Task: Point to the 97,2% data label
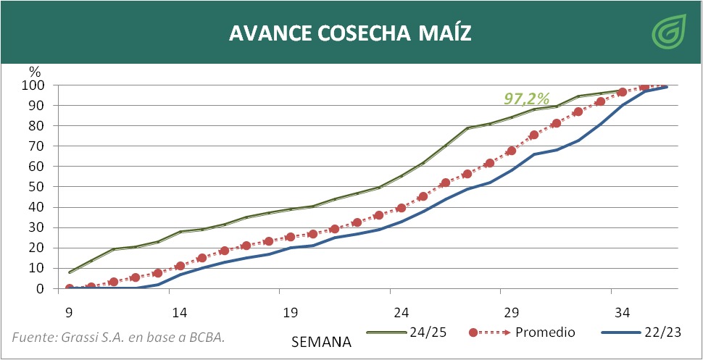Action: coord(528,98)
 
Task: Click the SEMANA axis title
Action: coord(322,340)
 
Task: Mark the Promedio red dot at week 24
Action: coord(401,208)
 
